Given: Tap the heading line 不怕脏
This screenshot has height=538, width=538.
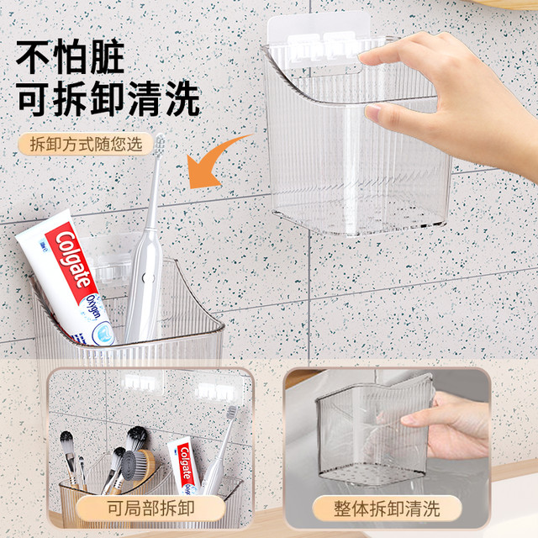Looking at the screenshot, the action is click(70, 56).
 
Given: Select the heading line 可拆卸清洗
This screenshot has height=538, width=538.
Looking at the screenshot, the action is click(108, 99).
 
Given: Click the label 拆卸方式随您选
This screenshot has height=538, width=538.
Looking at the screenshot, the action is click(86, 144).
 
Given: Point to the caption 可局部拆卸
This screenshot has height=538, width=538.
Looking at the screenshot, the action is click(151, 508).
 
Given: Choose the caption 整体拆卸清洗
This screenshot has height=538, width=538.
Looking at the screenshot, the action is click(387, 508).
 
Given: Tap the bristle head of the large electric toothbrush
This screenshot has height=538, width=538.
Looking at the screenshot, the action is click(159, 145).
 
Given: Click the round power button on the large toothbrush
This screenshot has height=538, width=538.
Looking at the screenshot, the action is click(148, 277).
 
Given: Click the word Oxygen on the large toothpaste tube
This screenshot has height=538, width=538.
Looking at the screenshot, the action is click(93, 306).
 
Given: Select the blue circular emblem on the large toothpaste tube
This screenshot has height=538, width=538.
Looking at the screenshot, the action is click(103, 335).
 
